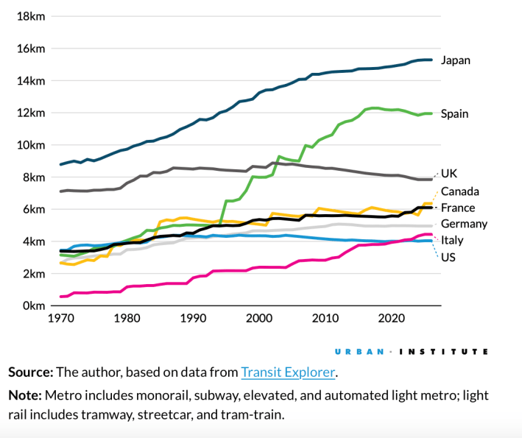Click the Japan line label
[455, 60]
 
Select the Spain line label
[454, 114]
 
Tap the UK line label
[449, 174]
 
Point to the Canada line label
[460, 191]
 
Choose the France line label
[457, 208]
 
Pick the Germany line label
[464, 224]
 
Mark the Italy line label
[452, 240]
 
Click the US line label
[448, 256]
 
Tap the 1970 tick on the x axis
[61, 319]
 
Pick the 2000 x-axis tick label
[259, 319]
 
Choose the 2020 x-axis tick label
[391, 319]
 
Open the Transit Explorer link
[288, 372]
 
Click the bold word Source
[31, 372]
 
